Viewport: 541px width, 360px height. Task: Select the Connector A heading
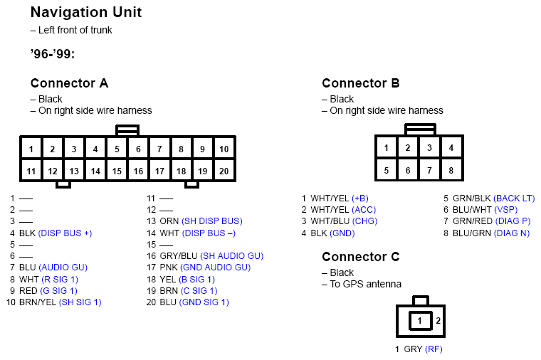point(69,83)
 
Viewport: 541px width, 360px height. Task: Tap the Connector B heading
point(360,83)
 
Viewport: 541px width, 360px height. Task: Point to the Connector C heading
point(360,257)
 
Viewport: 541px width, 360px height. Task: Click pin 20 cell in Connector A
point(224,171)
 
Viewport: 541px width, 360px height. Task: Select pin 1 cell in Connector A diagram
point(31,149)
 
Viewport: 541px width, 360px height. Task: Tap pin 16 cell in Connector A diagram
point(138,171)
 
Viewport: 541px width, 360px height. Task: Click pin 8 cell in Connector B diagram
point(451,171)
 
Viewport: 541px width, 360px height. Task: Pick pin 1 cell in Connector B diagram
point(386,148)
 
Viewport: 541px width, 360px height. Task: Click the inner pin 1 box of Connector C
point(420,321)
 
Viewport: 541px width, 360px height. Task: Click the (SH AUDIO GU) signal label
point(231,255)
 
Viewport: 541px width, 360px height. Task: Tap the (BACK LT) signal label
point(514,198)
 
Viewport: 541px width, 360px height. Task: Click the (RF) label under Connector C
point(434,349)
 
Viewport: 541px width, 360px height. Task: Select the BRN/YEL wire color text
point(37,302)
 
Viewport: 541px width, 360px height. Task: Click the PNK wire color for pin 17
point(169,267)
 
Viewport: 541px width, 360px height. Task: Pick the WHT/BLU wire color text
point(329,221)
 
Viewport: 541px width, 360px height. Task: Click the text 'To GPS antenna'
point(365,284)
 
